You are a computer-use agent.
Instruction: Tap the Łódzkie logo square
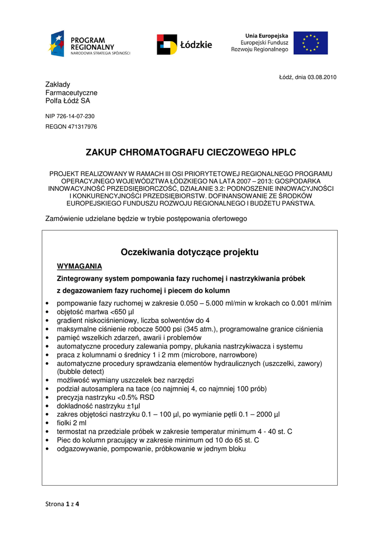coord(167,45)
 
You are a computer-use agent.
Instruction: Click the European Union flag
coord(310,43)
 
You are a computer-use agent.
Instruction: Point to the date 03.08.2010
coord(323,78)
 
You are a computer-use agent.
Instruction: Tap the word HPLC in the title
coord(283,153)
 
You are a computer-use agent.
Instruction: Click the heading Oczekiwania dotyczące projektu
coord(190,253)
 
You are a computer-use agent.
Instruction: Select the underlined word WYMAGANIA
coord(79,266)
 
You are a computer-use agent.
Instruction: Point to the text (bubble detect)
coord(81,371)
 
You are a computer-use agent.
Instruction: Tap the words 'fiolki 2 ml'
coord(71,423)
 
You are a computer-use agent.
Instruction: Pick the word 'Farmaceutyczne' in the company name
coord(71,93)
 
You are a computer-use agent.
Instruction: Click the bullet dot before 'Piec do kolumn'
coord(48,440)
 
